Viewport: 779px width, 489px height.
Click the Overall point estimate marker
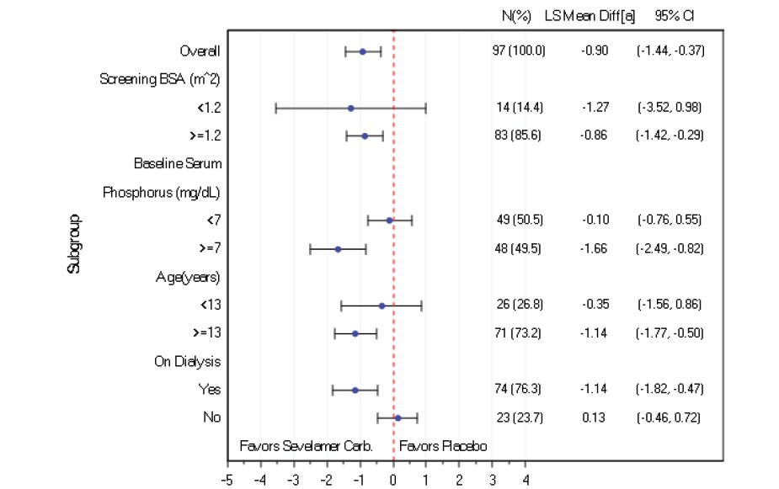pyautogui.click(x=363, y=51)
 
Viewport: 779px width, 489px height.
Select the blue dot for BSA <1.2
pyautogui.click(x=350, y=108)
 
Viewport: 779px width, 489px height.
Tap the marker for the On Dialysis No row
pyautogui.click(x=398, y=417)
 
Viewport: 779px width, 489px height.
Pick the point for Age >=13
pyautogui.click(x=355, y=333)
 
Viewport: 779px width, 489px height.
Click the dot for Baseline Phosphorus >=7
pyautogui.click(x=338, y=249)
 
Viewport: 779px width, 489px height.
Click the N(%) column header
pyautogui.click(x=516, y=16)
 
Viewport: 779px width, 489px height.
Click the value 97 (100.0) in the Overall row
pyautogui.click(x=520, y=51)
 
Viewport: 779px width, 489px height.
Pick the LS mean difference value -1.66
pyautogui.click(x=595, y=249)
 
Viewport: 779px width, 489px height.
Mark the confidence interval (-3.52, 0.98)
pyautogui.click(x=670, y=108)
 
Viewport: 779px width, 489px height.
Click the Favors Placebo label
pyautogui.click(x=443, y=445)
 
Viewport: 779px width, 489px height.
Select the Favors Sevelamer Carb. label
pyautogui.click(x=307, y=445)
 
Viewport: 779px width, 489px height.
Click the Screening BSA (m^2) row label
pyautogui.click(x=160, y=80)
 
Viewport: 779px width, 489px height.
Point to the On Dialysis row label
pyautogui.click(x=187, y=362)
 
